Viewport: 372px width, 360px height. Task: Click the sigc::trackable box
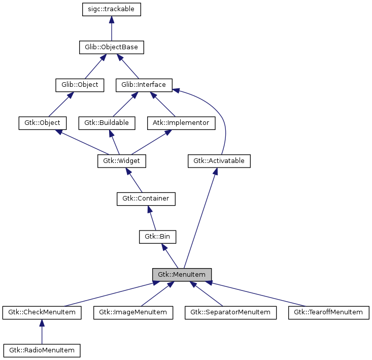click(x=111, y=9)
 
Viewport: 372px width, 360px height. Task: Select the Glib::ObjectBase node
click(x=112, y=47)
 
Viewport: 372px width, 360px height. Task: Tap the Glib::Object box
click(x=79, y=85)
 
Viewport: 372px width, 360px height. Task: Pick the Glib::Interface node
click(x=144, y=85)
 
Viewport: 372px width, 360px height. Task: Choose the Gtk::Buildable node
click(x=106, y=123)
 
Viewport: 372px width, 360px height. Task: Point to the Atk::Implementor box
click(x=181, y=123)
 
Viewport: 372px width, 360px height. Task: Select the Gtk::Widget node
click(x=121, y=161)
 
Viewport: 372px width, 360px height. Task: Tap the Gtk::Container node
click(x=146, y=199)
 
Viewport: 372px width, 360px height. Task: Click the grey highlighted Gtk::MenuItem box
click(x=182, y=275)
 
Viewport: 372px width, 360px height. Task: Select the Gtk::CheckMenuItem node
click(x=42, y=312)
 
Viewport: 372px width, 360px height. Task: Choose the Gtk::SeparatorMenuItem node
click(x=231, y=312)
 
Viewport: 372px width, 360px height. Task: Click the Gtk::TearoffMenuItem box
click(x=328, y=312)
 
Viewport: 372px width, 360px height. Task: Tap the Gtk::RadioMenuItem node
click(x=42, y=350)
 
